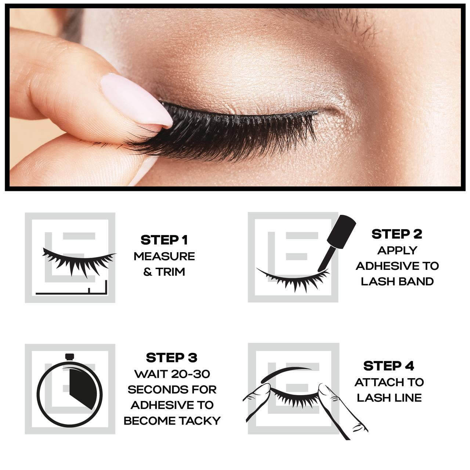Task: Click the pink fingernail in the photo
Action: coord(137,100)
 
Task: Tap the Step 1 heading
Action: coord(164,240)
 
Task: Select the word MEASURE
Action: coord(164,256)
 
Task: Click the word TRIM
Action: coord(170,272)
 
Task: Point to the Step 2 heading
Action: coord(397,234)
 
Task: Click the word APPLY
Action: coord(397,250)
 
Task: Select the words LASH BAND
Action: coord(397,282)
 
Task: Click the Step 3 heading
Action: coord(171,358)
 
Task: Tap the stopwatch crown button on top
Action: coord(69,357)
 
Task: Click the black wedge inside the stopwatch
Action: coord(82,388)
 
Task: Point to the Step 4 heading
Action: coord(389,366)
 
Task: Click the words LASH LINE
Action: coord(389,398)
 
